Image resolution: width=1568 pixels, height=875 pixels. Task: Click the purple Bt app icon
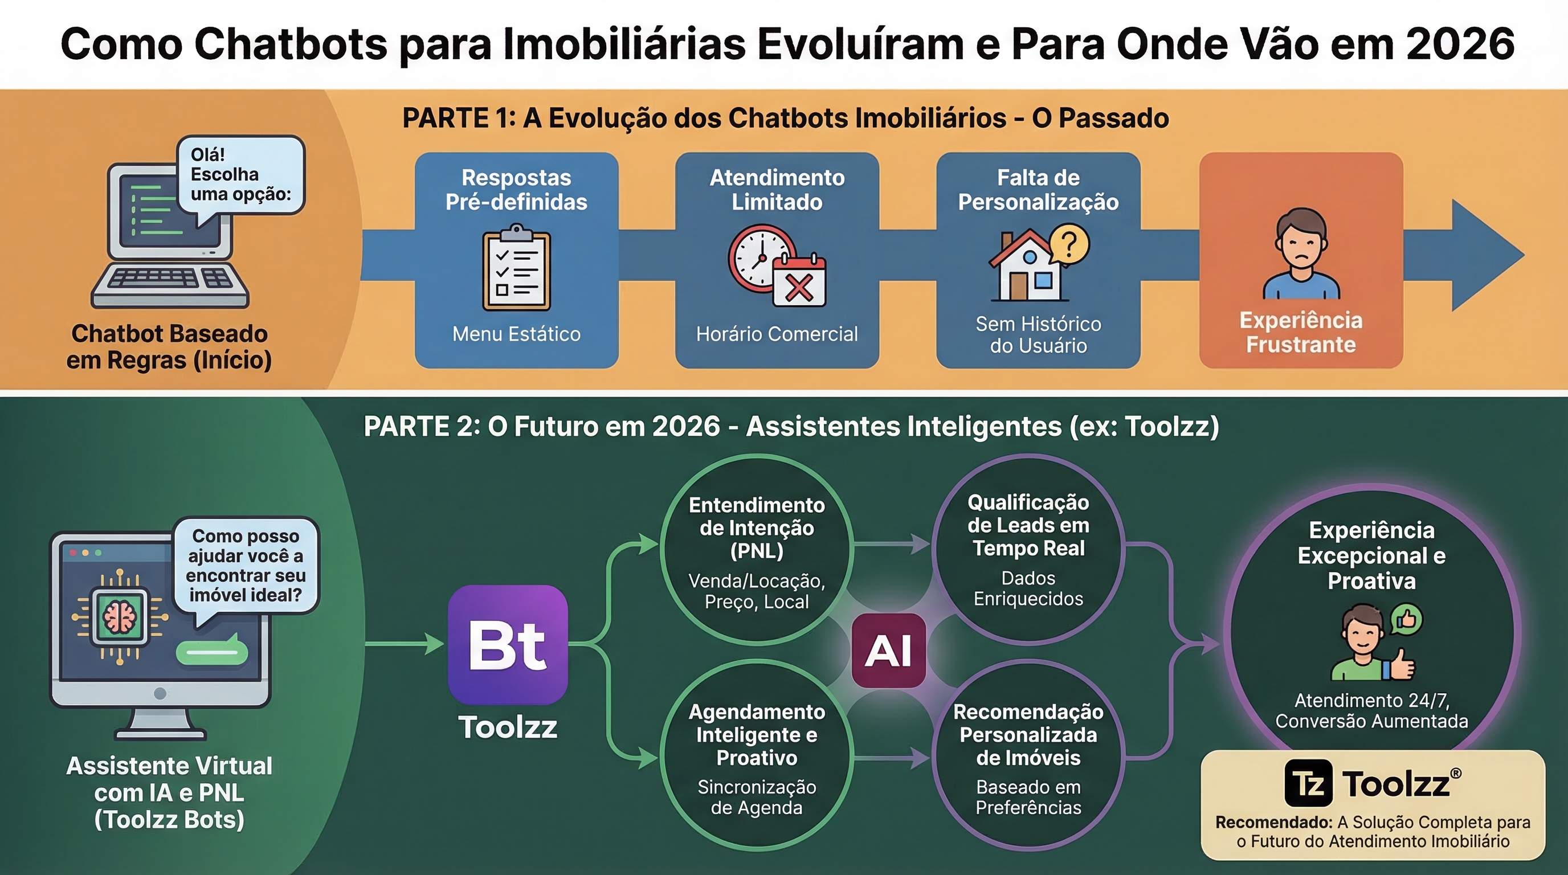[508, 644]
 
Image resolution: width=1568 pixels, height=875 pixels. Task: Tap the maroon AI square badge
[888, 651]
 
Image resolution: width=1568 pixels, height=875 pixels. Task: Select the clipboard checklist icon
[516, 268]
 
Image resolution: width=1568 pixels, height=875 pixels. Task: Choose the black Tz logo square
[1308, 783]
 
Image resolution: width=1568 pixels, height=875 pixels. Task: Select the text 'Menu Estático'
[516, 333]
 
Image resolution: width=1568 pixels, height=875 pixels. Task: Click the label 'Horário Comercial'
[777, 333]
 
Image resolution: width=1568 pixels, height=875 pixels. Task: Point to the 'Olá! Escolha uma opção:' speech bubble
[240, 175]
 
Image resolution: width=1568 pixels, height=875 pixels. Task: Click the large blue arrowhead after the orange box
[1485, 256]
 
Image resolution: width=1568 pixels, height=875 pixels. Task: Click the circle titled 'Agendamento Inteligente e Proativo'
[757, 755]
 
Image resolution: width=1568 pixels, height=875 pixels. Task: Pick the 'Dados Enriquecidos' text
[1028, 588]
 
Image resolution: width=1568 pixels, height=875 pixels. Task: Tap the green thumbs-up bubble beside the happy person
[1407, 620]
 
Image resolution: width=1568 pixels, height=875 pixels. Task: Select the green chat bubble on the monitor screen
[211, 652]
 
